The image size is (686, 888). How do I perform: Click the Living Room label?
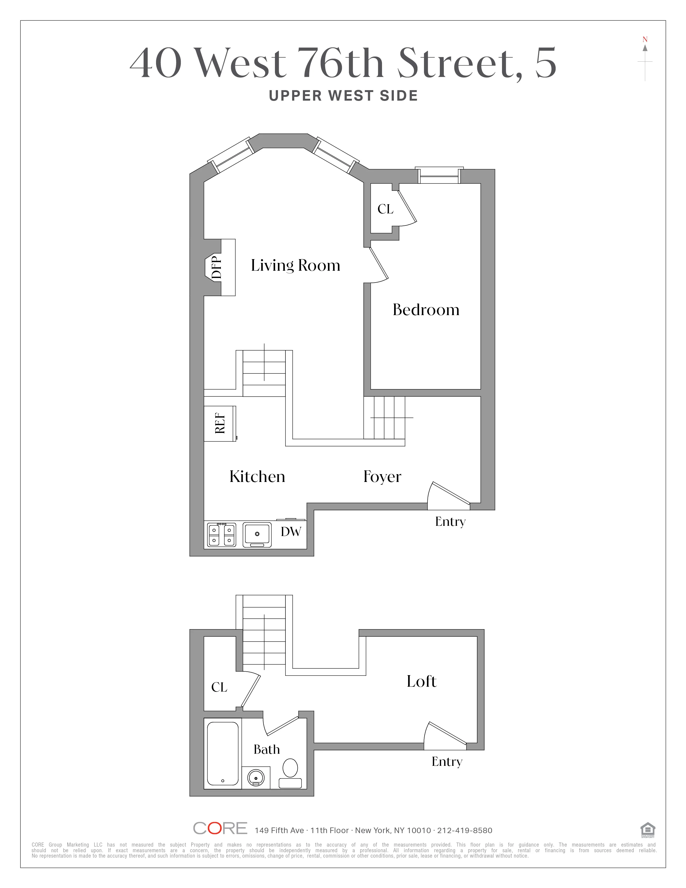click(295, 266)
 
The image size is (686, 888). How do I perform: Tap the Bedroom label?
click(426, 310)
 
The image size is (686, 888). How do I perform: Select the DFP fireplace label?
click(217, 267)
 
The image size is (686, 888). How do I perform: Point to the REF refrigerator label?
click(220, 423)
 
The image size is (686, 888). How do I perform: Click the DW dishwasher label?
click(291, 531)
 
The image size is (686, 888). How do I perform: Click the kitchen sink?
click(257, 534)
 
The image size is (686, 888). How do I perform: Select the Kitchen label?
click(257, 477)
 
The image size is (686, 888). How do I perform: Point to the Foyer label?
click(382, 477)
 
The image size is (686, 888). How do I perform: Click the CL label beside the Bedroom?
click(385, 209)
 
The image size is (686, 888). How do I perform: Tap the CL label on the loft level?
click(219, 687)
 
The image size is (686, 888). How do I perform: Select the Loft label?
click(422, 681)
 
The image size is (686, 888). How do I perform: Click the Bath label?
click(267, 749)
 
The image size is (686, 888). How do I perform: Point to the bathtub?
click(223, 753)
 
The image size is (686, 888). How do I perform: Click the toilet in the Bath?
click(290, 773)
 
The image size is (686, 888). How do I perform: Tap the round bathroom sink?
click(256, 778)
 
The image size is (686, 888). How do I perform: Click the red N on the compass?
click(645, 40)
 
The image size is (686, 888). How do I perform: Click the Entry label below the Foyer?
click(450, 522)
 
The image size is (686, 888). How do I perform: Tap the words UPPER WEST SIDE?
click(344, 96)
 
